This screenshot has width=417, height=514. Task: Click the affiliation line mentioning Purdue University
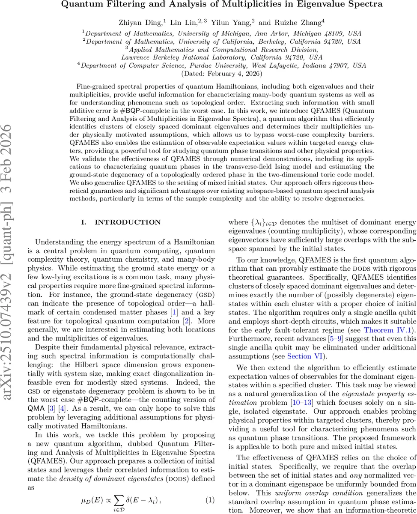223,66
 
